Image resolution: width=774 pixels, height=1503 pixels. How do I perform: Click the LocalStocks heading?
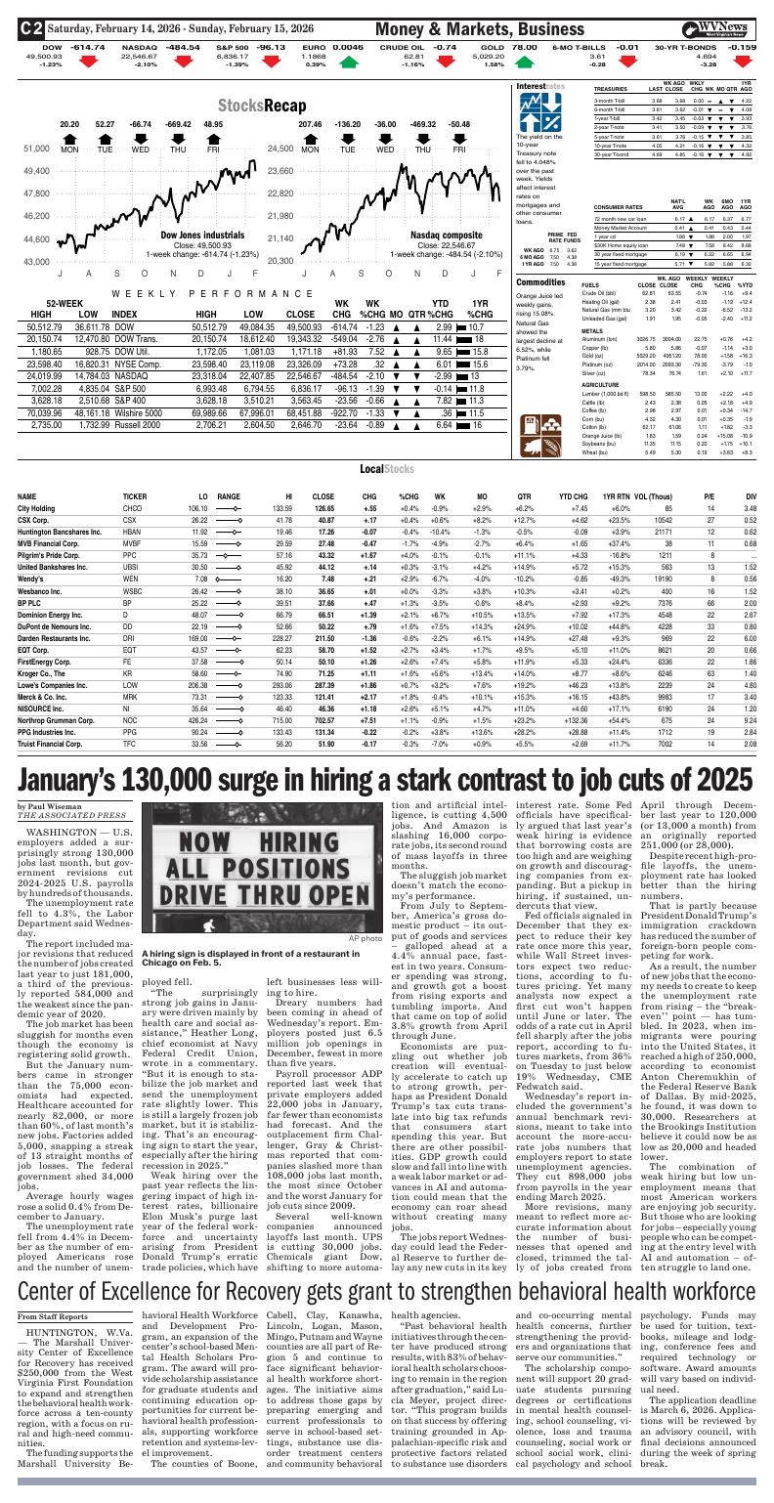point(385,469)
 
